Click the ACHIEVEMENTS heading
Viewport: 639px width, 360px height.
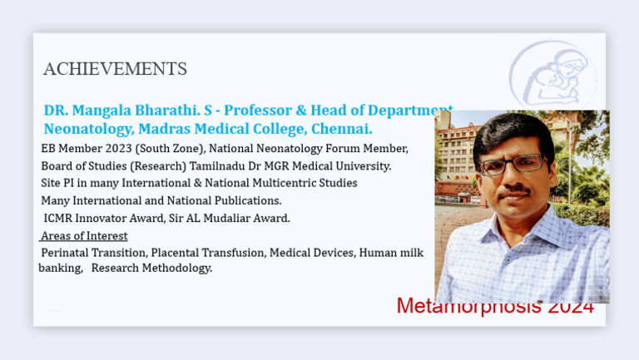tap(115, 69)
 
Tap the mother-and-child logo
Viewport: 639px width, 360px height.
tap(552, 75)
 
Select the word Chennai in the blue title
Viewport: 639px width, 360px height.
tap(343, 130)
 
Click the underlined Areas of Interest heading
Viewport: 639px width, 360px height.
tap(84, 235)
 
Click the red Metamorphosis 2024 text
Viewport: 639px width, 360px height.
tap(494, 306)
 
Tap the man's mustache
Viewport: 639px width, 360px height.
tap(516, 190)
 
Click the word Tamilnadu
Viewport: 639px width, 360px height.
tap(216, 166)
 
